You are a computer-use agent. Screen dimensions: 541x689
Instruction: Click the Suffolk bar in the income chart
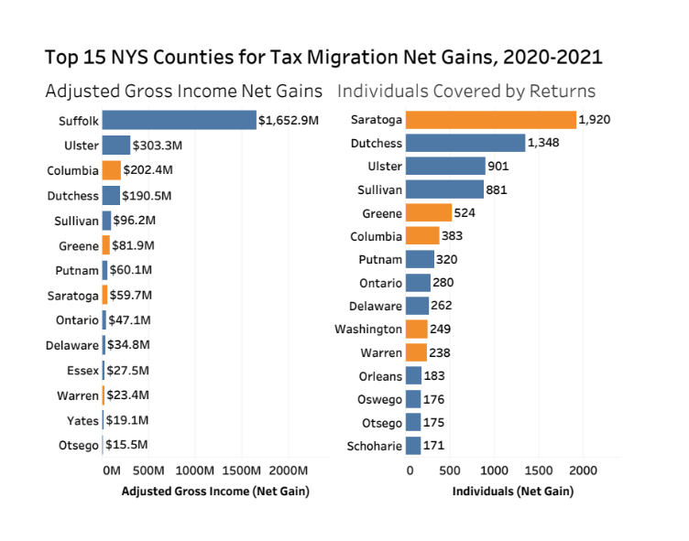pyautogui.click(x=179, y=120)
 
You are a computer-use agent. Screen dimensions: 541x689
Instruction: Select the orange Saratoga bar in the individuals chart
pyautogui.click(x=490, y=120)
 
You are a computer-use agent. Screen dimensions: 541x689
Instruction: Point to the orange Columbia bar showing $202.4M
pyautogui.click(x=111, y=170)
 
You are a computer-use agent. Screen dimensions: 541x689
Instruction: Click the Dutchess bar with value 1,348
pyautogui.click(x=465, y=144)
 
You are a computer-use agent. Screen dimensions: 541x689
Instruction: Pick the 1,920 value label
pyautogui.click(x=595, y=120)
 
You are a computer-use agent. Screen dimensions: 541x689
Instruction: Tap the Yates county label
pyautogui.click(x=82, y=420)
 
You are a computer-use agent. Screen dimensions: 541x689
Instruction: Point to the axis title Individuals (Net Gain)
pyautogui.click(x=513, y=492)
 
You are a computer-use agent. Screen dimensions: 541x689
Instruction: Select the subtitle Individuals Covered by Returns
pyautogui.click(x=466, y=92)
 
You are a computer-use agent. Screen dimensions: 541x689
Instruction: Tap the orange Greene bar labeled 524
pyautogui.click(x=428, y=213)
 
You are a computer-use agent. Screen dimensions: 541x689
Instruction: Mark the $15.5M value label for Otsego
pyautogui.click(x=129, y=445)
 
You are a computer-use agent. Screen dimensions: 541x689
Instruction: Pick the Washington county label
pyautogui.click(x=368, y=329)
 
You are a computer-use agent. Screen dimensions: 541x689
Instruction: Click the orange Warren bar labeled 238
pyautogui.click(x=416, y=352)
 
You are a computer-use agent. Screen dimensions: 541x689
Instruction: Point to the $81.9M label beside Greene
pyautogui.click(x=134, y=245)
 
